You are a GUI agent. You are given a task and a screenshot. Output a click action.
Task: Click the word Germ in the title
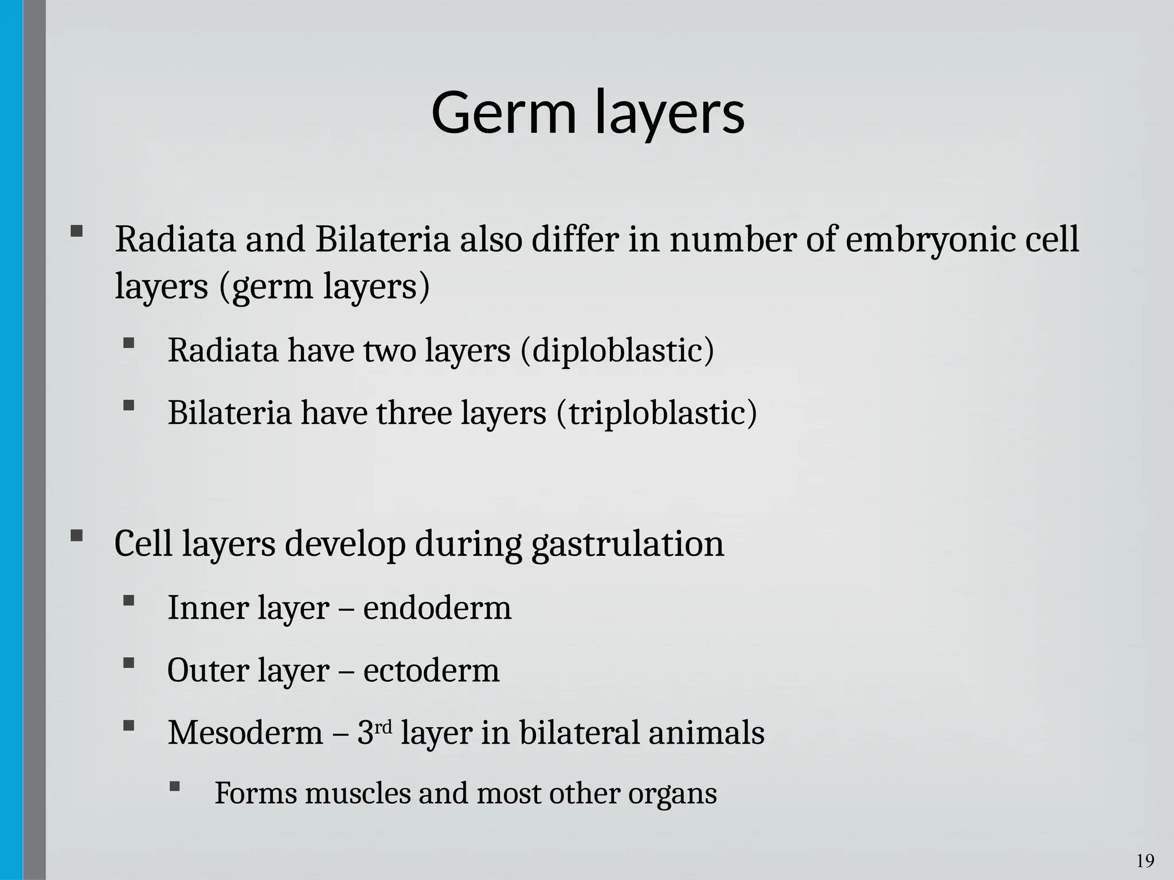[x=503, y=112]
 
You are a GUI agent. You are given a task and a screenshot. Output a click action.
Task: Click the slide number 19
[x=1145, y=861]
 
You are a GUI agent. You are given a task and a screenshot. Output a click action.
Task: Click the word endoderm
[x=437, y=608]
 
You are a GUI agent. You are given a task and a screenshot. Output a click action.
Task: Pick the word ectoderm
[x=431, y=670]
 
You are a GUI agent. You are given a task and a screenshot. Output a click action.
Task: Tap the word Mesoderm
[x=245, y=733]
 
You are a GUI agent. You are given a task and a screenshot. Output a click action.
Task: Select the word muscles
[x=358, y=794]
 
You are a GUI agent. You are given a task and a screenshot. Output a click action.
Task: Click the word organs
[x=672, y=794]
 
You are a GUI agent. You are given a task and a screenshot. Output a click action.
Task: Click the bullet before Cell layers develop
[x=76, y=537]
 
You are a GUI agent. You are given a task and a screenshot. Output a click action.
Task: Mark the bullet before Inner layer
[x=128, y=601]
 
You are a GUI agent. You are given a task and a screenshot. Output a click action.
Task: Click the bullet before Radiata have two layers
[x=128, y=344]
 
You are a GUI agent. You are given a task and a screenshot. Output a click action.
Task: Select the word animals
[x=706, y=733]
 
